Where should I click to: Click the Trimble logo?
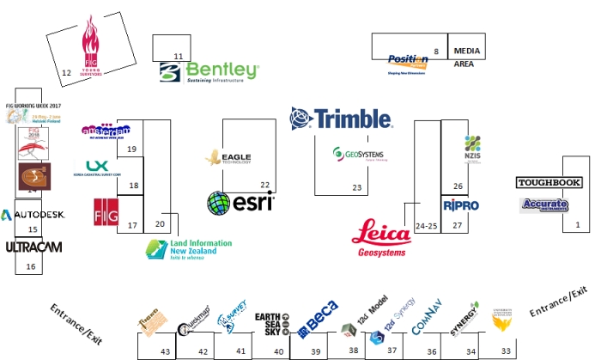[x=341, y=119]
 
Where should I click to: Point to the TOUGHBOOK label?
[x=549, y=182]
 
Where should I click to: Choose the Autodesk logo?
[x=33, y=215]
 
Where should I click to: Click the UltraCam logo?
[x=33, y=247]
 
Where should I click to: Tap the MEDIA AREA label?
[x=466, y=58]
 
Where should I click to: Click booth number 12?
[x=66, y=73]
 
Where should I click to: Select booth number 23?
[x=357, y=186]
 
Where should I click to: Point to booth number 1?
[x=577, y=225]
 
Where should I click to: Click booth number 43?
[x=166, y=351]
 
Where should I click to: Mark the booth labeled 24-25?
[x=426, y=226]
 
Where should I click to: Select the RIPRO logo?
[x=461, y=205]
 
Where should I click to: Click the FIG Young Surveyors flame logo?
[x=92, y=46]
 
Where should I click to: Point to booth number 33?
[x=506, y=351]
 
